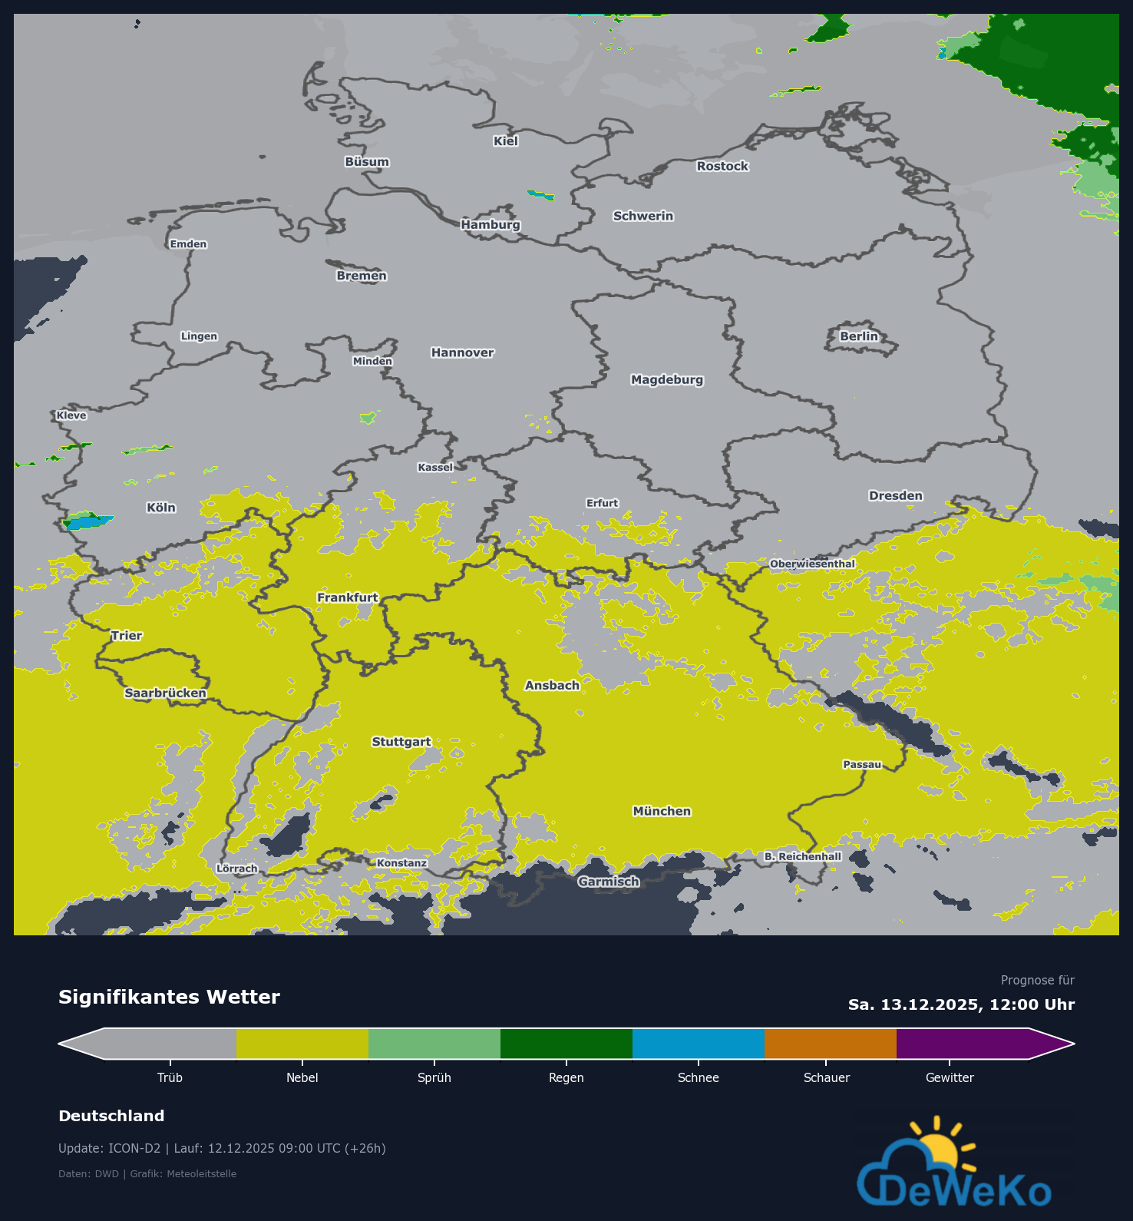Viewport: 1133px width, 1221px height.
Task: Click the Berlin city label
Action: point(858,336)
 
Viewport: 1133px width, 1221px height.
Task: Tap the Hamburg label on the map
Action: point(491,225)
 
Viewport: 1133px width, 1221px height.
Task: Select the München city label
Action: point(662,812)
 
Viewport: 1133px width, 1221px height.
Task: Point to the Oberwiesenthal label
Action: point(812,564)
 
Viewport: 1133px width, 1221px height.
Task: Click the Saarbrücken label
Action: point(165,693)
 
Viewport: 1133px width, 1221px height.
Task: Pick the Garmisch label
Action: point(609,882)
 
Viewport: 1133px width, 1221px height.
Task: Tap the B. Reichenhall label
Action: point(803,856)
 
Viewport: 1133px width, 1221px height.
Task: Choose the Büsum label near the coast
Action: point(367,162)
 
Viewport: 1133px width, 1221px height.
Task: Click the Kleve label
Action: point(71,415)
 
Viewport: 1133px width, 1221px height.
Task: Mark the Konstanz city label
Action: point(401,863)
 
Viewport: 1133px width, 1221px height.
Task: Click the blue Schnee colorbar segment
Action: point(698,1044)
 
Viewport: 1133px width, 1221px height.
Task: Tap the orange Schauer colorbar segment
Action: point(830,1044)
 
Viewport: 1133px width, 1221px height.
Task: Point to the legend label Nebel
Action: point(302,1077)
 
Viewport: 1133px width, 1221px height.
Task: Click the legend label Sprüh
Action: point(434,1077)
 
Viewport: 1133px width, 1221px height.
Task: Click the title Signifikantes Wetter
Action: point(169,997)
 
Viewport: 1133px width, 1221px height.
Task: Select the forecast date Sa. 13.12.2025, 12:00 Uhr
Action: point(961,1004)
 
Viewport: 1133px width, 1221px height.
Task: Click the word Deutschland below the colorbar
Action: point(111,1116)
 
